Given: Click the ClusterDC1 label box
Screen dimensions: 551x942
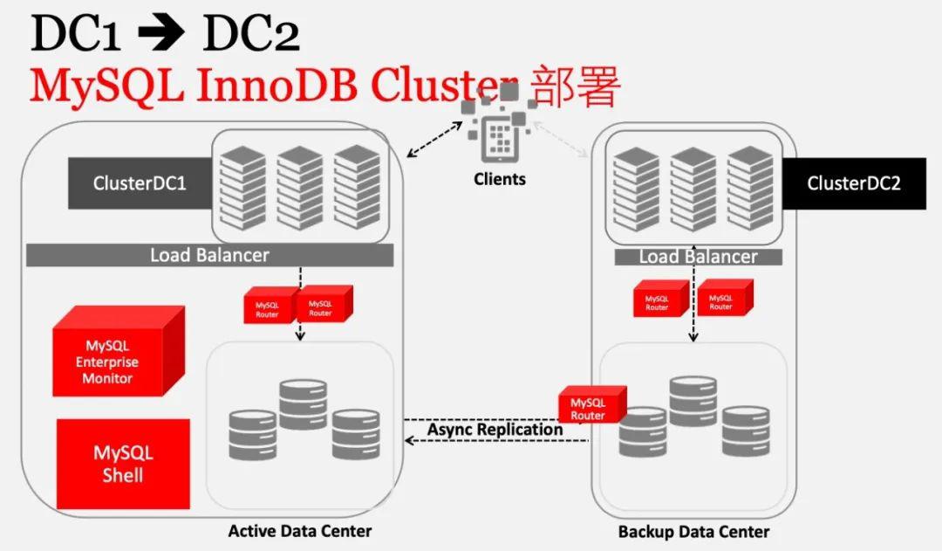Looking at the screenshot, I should pyautogui.click(x=140, y=183).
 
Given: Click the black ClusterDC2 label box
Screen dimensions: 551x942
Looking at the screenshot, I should pyautogui.click(x=853, y=183).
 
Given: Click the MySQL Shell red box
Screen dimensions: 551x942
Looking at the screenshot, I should pyautogui.click(x=123, y=464).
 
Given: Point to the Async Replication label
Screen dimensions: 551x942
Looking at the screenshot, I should pyautogui.click(x=495, y=430).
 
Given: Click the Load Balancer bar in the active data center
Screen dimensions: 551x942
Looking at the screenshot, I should pyautogui.click(x=209, y=255).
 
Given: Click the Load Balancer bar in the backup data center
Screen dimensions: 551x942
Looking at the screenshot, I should pyautogui.click(x=698, y=257).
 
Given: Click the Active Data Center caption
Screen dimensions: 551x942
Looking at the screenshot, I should pyautogui.click(x=299, y=531).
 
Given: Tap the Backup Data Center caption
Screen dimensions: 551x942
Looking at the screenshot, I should pyautogui.click(x=693, y=532).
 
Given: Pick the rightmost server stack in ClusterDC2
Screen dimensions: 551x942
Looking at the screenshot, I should pyautogui.click(x=749, y=187).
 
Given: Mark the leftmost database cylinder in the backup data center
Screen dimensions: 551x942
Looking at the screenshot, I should pyautogui.click(x=643, y=431).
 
